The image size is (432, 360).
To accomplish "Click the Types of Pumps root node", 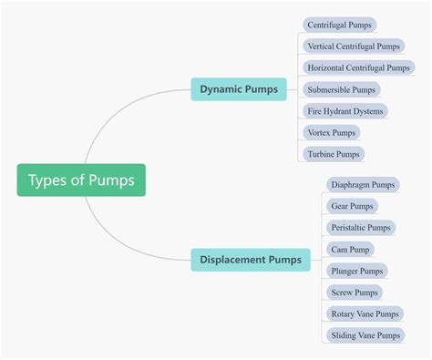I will pos(81,180).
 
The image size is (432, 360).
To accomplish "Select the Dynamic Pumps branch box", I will pos(239,88).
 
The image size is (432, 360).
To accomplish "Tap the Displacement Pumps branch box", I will pos(251,261).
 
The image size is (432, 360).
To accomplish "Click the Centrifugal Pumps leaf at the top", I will pos(339,25).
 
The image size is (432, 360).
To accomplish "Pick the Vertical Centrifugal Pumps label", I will pos(353,46).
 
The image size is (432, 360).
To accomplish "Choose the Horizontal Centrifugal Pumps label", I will pos(357,67).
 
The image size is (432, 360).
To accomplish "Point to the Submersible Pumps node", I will pos(341,89).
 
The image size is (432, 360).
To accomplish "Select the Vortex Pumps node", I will pos(331,132).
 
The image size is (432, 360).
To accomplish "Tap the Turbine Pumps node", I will pos(334,154).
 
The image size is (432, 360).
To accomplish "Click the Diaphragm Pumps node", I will pos(363,184).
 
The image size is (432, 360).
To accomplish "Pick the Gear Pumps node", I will pos(352,206).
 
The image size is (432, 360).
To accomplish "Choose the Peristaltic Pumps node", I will pos(360,228).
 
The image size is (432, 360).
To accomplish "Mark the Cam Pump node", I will pos(350,249).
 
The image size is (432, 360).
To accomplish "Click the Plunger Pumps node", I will pos(356,271).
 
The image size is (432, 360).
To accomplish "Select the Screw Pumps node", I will pos(354,293).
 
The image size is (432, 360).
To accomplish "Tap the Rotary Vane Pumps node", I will pos(364,314).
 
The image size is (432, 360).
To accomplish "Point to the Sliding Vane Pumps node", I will pos(365,335).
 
